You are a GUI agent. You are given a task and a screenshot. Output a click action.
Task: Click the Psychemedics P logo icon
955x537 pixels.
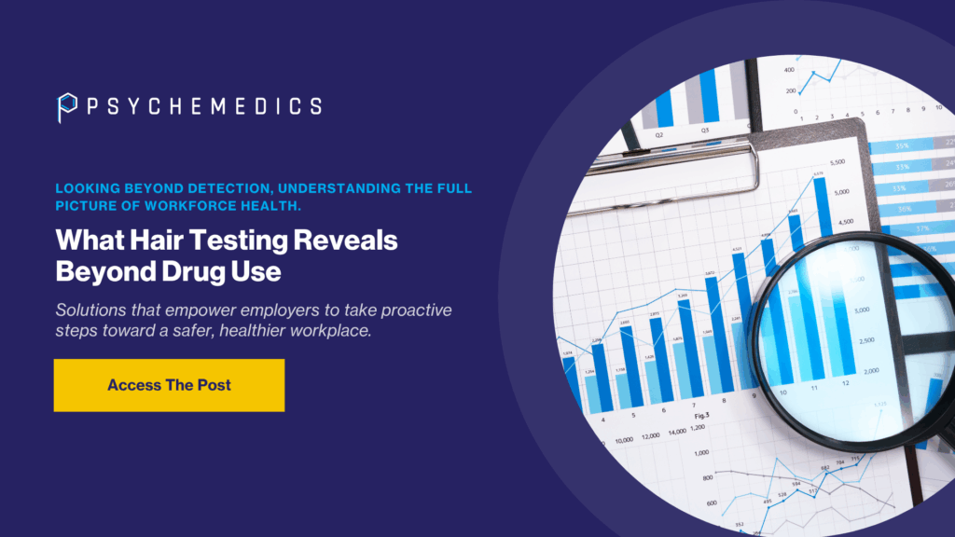coord(66,106)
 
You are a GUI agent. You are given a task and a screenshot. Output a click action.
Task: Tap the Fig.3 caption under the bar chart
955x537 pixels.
coord(700,414)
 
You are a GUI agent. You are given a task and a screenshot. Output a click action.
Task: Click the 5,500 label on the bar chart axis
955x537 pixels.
coord(837,162)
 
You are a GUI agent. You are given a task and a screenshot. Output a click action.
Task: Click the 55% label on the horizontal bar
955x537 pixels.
coord(902,146)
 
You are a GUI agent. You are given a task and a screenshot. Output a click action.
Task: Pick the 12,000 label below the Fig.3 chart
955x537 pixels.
coord(650,434)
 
